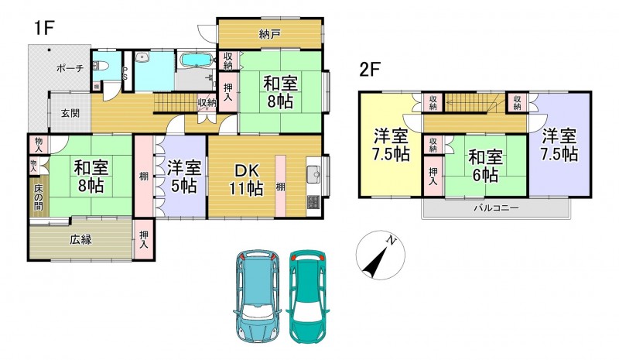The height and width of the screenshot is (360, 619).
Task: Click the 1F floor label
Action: (44, 28)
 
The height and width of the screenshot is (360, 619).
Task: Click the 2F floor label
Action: (369, 70)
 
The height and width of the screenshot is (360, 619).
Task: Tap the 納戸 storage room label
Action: (269, 34)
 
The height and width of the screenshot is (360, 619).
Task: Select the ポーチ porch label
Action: (70, 68)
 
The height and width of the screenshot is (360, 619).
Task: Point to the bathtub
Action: (197, 60)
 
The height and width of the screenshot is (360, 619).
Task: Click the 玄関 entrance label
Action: (70, 113)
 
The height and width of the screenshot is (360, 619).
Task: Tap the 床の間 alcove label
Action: (38, 196)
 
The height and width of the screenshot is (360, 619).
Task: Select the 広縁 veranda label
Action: (81, 239)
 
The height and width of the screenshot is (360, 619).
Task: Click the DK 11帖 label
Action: (247, 180)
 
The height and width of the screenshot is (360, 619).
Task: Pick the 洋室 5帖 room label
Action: (184, 177)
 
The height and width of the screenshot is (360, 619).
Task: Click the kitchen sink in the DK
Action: (314, 174)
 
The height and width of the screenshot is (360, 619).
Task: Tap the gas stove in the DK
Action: (314, 202)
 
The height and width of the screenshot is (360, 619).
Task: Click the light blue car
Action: (258, 297)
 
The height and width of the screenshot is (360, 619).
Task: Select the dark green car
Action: (308, 297)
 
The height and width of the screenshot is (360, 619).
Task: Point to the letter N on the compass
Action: (391, 240)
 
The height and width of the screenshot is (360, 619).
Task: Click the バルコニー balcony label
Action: (496, 207)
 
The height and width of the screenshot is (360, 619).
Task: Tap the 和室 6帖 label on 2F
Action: (486, 166)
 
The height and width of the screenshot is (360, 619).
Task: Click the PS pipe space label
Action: (125, 74)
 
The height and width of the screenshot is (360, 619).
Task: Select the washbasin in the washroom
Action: (142, 58)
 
